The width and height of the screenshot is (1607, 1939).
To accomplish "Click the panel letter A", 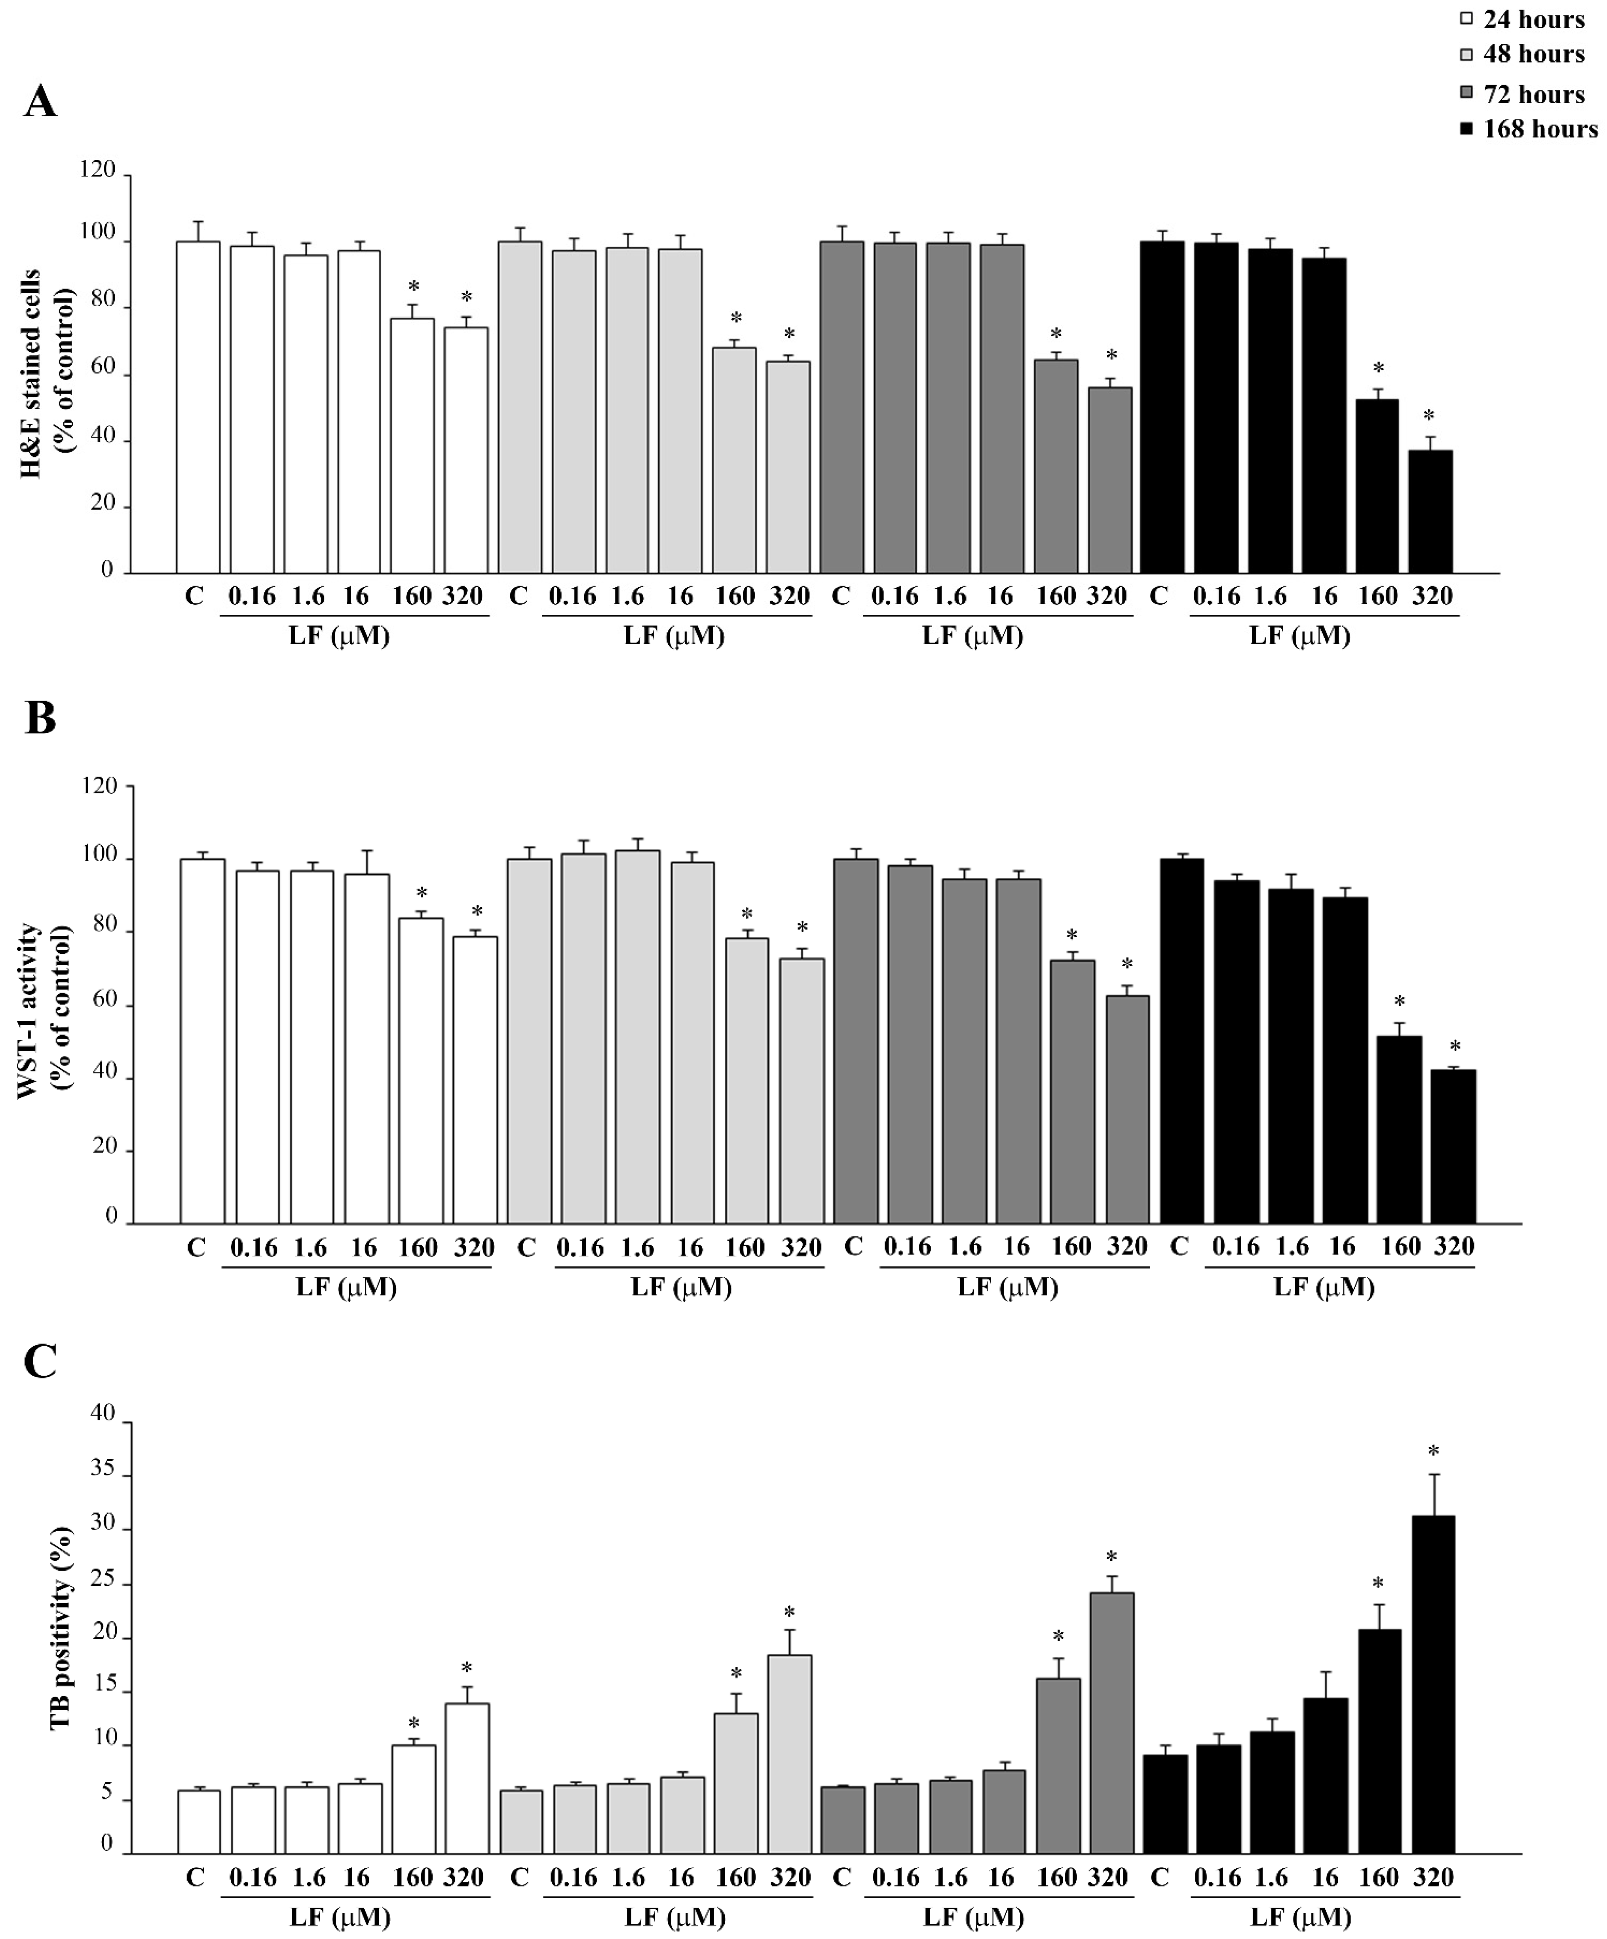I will pos(40,100).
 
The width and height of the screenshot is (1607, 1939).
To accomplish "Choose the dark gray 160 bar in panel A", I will pos(1056,466).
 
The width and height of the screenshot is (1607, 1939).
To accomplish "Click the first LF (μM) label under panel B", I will pos(346,1287).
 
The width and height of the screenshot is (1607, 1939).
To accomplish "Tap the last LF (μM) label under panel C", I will pos(1300,1918).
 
